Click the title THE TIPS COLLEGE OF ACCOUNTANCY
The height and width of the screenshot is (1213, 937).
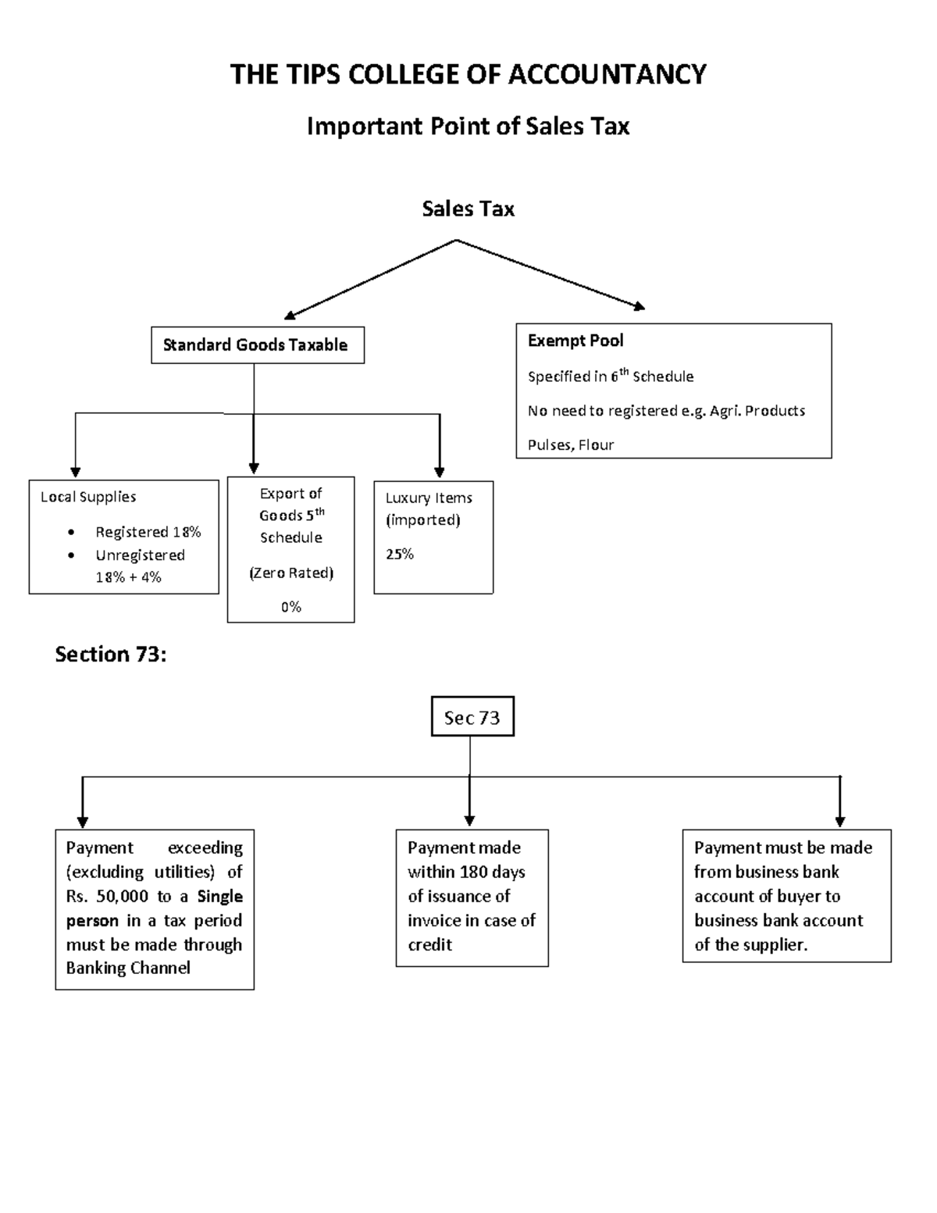tap(468, 75)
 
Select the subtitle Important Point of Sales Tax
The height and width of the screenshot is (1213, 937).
tap(468, 127)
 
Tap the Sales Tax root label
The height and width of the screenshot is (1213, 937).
tap(468, 209)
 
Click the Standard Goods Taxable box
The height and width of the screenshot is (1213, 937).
tap(257, 345)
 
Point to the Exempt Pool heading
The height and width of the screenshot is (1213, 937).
tap(575, 341)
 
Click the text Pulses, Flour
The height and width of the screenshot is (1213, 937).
tap(571, 445)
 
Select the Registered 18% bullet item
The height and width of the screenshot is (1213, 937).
tap(148, 532)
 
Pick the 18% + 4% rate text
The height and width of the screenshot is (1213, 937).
tap(128, 577)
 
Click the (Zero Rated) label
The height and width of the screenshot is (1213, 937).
tap(290, 573)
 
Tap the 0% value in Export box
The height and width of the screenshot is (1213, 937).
tap(290, 607)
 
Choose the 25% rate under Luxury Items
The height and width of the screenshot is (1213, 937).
tap(399, 555)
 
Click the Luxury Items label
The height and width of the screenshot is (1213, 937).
tap(429, 498)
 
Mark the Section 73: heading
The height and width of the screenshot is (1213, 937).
tap(110, 655)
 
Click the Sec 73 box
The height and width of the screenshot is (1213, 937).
tap(472, 717)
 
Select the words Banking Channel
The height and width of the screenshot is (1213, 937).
tap(128, 969)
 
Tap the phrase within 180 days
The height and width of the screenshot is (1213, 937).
tap(466, 872)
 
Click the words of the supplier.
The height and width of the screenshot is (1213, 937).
tap(750, 945)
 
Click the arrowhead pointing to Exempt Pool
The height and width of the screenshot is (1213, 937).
tap(640, 307)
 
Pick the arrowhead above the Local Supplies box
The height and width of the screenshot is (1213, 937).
tap(76, 472)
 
